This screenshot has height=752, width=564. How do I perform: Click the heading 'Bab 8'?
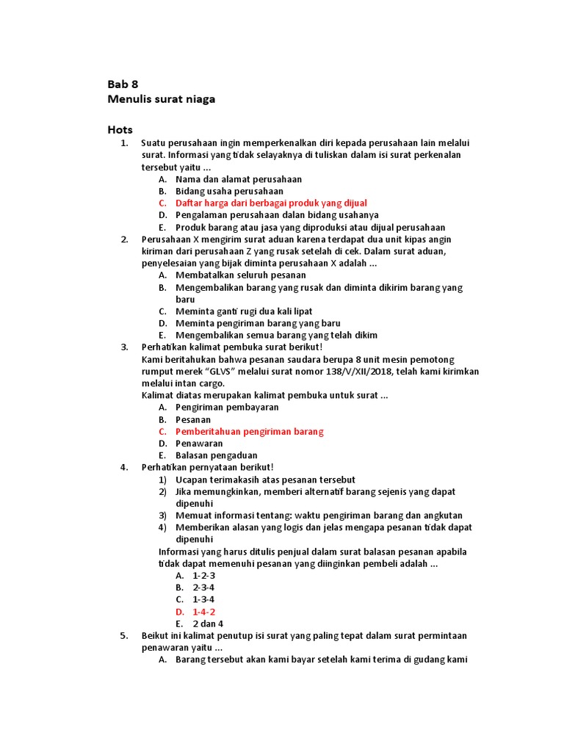coord(123,84)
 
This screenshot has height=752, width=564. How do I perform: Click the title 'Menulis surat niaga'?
coord(162,98)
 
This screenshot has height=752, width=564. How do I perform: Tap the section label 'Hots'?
coord(120,130)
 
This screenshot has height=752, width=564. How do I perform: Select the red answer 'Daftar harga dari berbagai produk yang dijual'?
coord(271,203)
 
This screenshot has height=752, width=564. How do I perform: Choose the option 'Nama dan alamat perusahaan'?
coord(239,178)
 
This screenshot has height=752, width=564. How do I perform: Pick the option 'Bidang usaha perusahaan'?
coord(229,191)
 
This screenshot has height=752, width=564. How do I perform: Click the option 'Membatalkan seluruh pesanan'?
coord(241,275)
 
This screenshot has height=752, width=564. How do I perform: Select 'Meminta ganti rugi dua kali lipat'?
coord(244,311)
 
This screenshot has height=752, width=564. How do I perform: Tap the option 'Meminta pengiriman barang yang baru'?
coord(258,323)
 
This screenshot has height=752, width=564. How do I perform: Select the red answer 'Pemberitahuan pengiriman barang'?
coord(250,431)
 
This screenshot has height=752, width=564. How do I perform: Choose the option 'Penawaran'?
coord(199,444)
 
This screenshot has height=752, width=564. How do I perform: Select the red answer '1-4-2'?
coord(203,612)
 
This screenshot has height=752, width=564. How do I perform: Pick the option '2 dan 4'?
coord(208,623)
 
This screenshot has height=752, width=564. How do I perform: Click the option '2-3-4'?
coord(203,587)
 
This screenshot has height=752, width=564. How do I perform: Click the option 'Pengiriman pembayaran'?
coord(227,407)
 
